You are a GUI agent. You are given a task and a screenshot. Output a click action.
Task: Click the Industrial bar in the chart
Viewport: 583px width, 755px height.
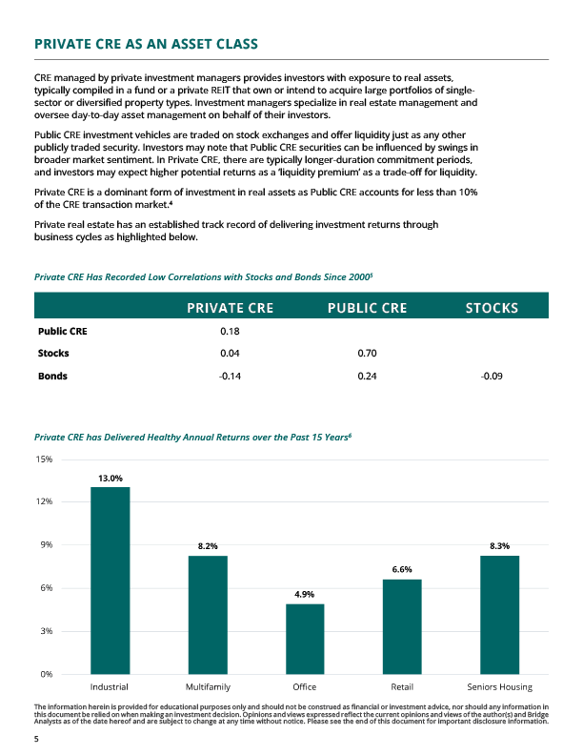coord(110,581)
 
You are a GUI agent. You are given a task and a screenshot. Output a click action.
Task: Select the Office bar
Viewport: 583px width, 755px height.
coord(305,639)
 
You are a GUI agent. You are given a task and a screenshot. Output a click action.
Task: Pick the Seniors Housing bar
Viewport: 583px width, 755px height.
coord(499,615)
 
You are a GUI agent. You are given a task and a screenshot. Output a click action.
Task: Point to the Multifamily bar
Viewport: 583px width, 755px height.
coord(208,615)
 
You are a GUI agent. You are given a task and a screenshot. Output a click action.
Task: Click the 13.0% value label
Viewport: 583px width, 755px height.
coord(110,478)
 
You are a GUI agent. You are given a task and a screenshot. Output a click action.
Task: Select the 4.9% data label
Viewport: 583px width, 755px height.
coord(305,594)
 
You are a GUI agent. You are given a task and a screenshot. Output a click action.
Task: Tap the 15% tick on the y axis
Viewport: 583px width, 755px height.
coord(44,459)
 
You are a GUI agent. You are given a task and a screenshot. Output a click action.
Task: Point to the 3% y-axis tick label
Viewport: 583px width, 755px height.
coord(46,631)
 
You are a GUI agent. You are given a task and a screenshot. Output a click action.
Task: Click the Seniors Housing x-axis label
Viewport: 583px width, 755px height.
coord(499,686)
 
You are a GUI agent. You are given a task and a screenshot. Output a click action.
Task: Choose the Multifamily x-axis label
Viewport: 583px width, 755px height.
coord(208,686)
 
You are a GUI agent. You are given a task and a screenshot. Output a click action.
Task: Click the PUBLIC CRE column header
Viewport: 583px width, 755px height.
coord(367,308)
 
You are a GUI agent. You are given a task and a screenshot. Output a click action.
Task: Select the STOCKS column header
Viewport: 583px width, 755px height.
coord(492,308)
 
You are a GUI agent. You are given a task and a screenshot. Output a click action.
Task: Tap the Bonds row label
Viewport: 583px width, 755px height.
coord(52,376)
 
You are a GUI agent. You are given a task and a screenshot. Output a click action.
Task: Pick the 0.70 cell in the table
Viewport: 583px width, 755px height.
coord(368,354)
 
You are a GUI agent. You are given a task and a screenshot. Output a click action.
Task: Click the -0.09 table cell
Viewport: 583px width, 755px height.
coord(492,376)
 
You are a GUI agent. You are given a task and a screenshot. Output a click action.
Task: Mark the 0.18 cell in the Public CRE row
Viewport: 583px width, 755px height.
coord(229,332)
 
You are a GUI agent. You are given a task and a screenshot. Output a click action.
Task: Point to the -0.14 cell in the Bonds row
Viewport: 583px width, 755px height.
coord(229,376)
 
